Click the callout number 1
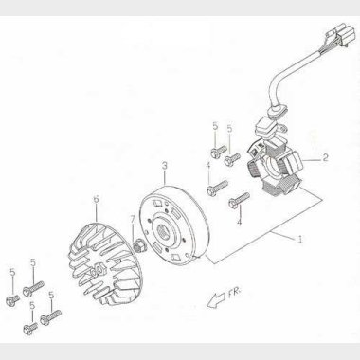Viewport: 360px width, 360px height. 300,239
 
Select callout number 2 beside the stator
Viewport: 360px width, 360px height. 325,157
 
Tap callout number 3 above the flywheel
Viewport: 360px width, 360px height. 165,166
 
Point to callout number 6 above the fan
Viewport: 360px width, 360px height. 96,199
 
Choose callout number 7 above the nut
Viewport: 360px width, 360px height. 133,218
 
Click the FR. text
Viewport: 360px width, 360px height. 234,295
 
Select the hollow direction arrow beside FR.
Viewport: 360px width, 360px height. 216,300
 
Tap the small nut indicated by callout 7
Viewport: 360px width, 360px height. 138,246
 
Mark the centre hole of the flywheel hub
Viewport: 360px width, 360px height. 164,234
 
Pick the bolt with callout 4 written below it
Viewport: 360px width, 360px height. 239,200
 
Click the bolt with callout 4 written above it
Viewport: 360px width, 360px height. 217,188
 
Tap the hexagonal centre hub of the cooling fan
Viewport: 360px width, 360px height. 99,268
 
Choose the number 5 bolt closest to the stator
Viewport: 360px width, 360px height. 232,159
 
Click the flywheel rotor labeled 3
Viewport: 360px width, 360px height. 173,225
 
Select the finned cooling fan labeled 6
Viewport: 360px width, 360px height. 105,264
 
